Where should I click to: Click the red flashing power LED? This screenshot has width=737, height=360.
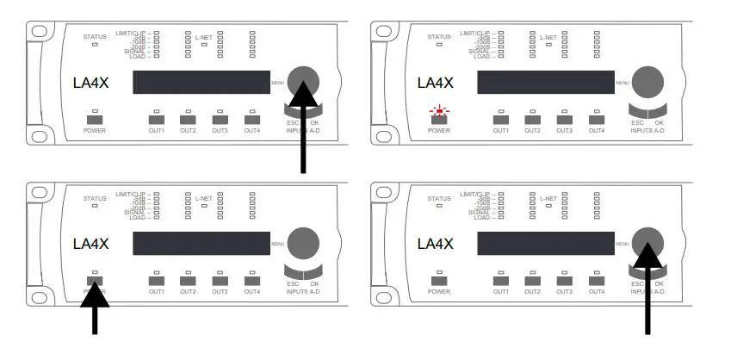click(x=440, y=111)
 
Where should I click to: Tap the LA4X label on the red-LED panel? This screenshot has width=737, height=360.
click(x=435, y=83)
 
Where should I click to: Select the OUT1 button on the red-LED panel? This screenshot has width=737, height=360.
click(x=501, y=120)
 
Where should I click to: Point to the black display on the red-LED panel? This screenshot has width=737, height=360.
click(x=545, y=83)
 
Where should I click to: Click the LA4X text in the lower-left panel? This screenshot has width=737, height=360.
click(x=90, y=244)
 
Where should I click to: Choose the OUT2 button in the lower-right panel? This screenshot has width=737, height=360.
click(x=533, y=280)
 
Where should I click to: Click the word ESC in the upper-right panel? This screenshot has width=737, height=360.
click(x=638, y=122)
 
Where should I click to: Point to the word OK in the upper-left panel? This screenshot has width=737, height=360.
click(x=315, y=122)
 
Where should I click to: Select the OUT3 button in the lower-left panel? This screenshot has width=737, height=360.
click(x=220, y=280)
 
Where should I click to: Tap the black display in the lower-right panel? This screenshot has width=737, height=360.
click(x=545, y=243)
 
